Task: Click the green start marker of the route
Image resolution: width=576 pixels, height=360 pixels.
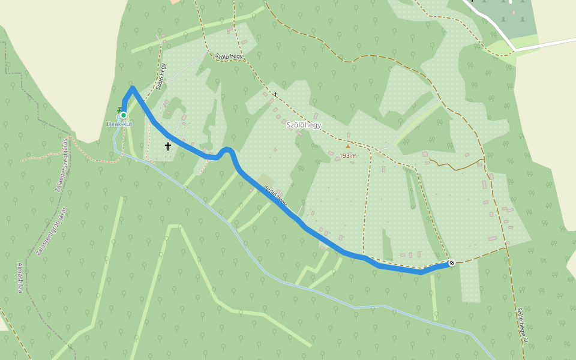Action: (123, 115)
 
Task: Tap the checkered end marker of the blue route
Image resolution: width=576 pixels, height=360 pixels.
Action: (452, 263)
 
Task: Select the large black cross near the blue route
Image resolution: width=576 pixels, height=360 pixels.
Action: (168, 146)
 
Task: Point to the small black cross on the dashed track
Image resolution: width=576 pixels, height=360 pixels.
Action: (276, 94)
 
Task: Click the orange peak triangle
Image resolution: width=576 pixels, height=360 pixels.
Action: (347, 146)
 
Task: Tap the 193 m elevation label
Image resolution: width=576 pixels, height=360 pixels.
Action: (348, 155)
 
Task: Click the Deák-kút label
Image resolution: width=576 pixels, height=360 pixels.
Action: (119, 124)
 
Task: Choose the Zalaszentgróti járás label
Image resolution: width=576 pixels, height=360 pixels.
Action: (52, 232)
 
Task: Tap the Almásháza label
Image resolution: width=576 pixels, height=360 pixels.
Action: (20, 277)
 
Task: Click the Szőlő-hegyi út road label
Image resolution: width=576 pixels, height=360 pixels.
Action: (522, 325)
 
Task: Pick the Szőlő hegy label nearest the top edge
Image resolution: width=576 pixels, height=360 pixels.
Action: (229, 56)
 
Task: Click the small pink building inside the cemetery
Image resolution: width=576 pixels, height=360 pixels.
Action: (513, 12)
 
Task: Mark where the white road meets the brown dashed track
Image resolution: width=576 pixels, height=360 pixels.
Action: (514, 49)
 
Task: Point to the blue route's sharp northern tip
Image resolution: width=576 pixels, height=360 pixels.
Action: (132, 88)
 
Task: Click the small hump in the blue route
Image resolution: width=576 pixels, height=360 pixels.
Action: (227, 149)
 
